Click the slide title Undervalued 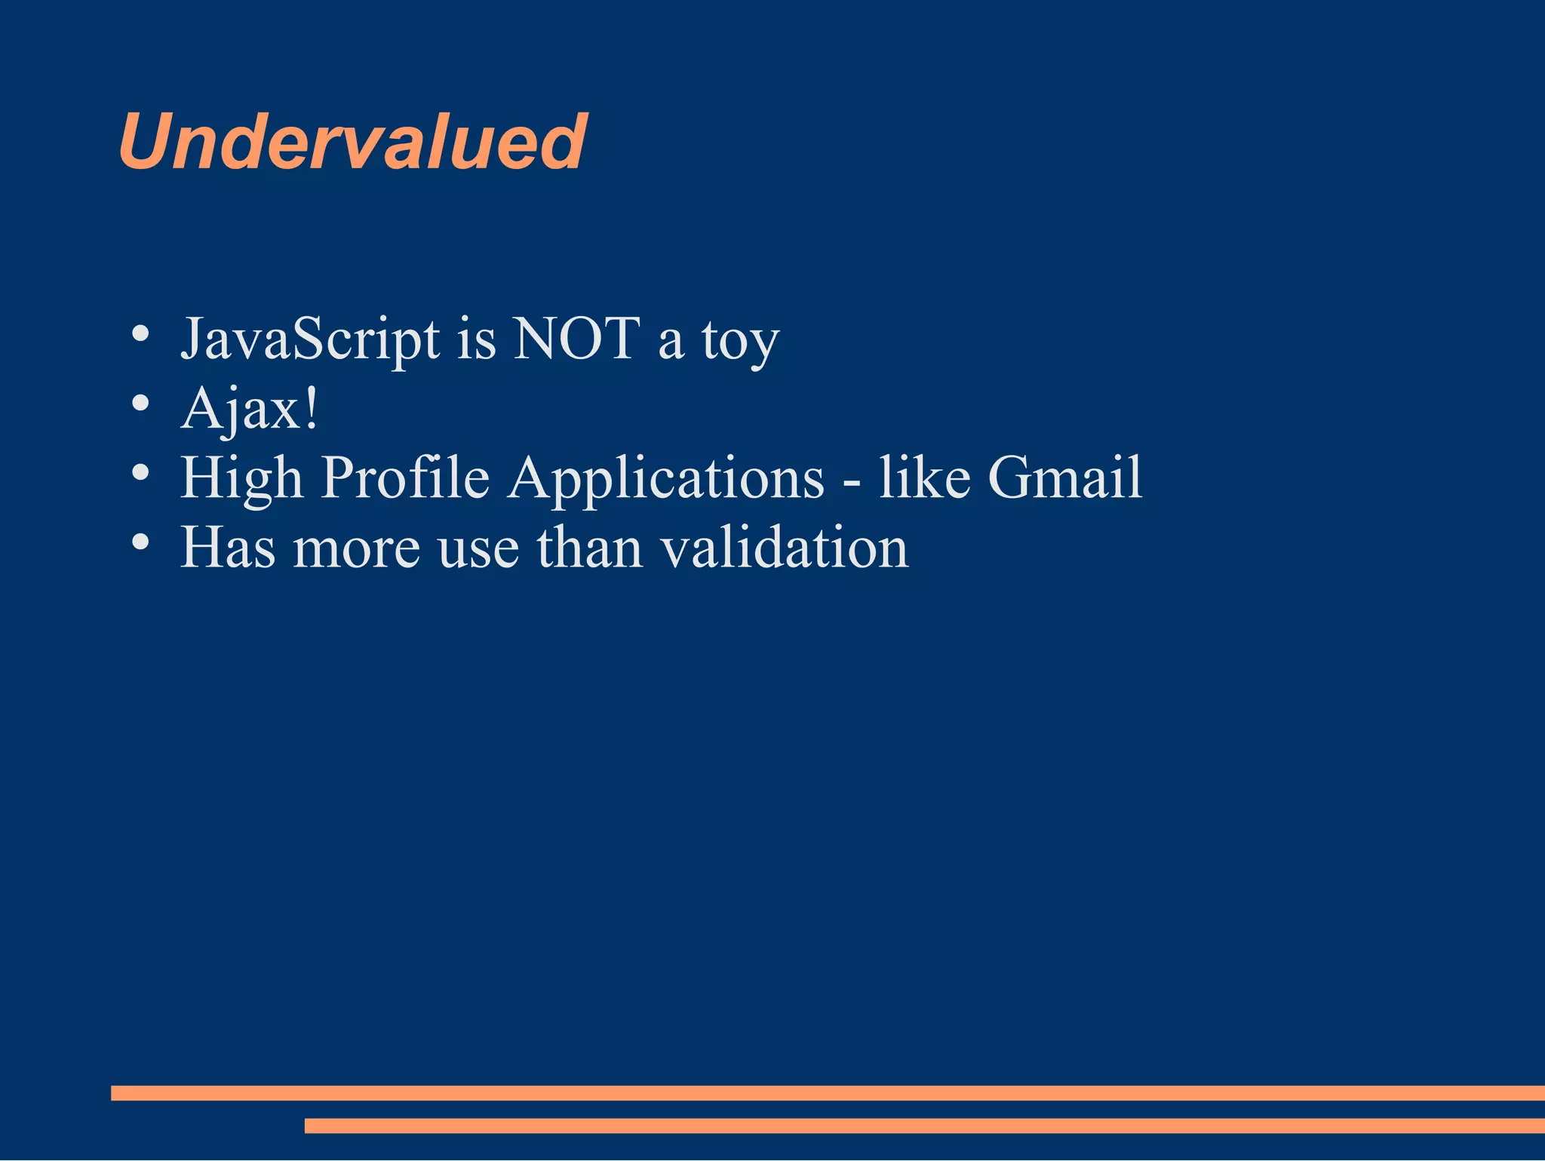352,142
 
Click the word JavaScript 310,340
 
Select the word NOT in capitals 576,339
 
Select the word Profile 405,478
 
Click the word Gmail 1064,478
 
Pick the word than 589,547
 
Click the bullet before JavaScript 140,333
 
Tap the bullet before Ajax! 140,403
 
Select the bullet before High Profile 140,472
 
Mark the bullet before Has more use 140,541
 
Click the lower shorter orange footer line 924,1126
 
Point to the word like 924,478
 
